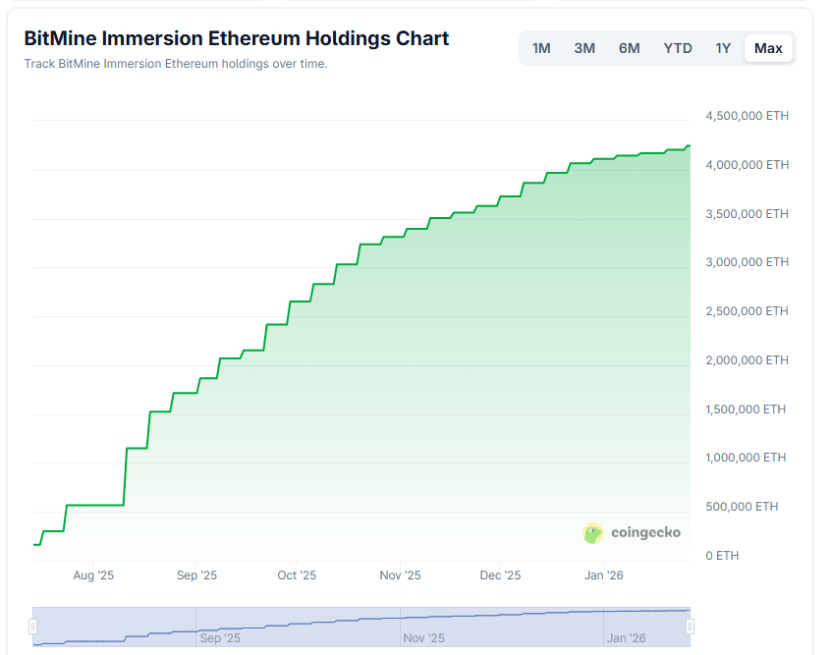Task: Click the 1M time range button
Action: pyautogui.click(x=541, y=48)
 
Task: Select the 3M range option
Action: pyautogui.click(x=584, y=48)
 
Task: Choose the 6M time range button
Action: pyautogui.click(x=630, y=48)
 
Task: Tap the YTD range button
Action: pyautogui.click(x=678, y=48)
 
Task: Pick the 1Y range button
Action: pyautogui.click(x=723, y=48)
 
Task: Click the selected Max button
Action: pyautogui.click(x=768, y=48)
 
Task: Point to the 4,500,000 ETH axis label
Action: pyautogui.click(x=747, y=116)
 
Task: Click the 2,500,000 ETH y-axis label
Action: pyautogui.click(x=747, y=311)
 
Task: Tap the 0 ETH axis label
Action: pyautogui.click(x=722, y=556)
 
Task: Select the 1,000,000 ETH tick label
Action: pyautogui.click(x=747, y=458)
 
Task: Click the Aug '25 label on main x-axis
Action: pyautogui.click(x=94, y=575)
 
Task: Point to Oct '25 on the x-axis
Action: pyautogui.click(x=297, y=575)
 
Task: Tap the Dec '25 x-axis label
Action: pyautogui.click(x=500, y=575)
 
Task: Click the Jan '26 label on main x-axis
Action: pyautogui.click(x=603, y=575)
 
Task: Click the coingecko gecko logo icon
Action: pyautogui.click(x=593, y=533)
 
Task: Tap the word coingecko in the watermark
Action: pyautogui.click(x=645, y=533)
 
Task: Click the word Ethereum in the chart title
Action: pyautogui.click(x=252, y=39)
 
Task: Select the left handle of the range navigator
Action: pyautogui.click(x=32, y=627)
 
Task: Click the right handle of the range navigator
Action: pyautogui.click(x=690, y=627)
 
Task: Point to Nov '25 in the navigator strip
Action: pyautogui.click(x=424, y=638)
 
